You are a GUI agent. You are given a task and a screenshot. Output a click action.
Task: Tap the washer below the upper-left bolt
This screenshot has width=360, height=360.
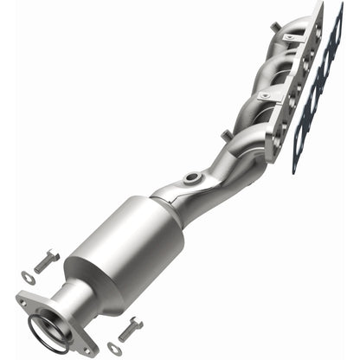pos(26,278)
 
